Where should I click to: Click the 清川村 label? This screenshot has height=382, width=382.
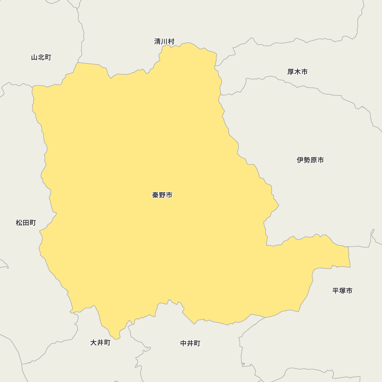pyautogui.click(x=164, y=41)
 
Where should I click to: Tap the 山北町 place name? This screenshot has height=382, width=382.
pyautogui.click(x=41, y=57)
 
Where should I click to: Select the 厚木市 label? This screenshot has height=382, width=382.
pyautogui.click(x=297, y=72)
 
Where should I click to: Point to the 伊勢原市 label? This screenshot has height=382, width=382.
pyautogui.click(x=310, y=160)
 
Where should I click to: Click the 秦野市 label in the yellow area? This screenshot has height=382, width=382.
pyautogui.click(x=162, y=195)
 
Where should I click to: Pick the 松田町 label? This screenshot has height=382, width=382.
pyautogui.click(x=26, y=223)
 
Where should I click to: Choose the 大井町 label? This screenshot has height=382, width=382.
pyautogui.click(x=100, y=343)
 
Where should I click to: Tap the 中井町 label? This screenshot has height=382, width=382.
pyautogui.click(x=190, y=343)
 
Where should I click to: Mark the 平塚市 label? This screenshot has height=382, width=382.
pyautogui.click(x=342, y=291)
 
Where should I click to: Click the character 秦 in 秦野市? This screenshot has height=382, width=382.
pyautogui.click(x=155, y=195)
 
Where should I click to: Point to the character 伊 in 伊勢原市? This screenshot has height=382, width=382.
pyautogui.click(x=300, y=160)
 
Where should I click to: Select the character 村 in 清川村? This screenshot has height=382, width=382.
pyautogui.click(x=171, y=41)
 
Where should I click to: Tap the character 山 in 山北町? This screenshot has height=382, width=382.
pyautogui.click(x=34, y=57)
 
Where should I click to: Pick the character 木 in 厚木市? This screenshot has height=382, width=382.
pyautogui.click(x=297, y=72)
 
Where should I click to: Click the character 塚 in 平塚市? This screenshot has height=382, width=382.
pyautogui.click(x=342, y=291)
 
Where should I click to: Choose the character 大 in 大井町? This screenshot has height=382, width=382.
pyautogui.click(x=93, y=343)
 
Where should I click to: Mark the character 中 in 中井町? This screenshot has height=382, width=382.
pyautogui.click(x=184, y=343)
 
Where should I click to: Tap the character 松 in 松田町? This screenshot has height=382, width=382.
pyautogui.click(x=19, y=223)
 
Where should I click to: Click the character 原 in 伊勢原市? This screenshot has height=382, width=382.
pyautogui.click(x=314, y=160)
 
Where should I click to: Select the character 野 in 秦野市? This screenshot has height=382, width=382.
pyautogui.click(x=162, y=195)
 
